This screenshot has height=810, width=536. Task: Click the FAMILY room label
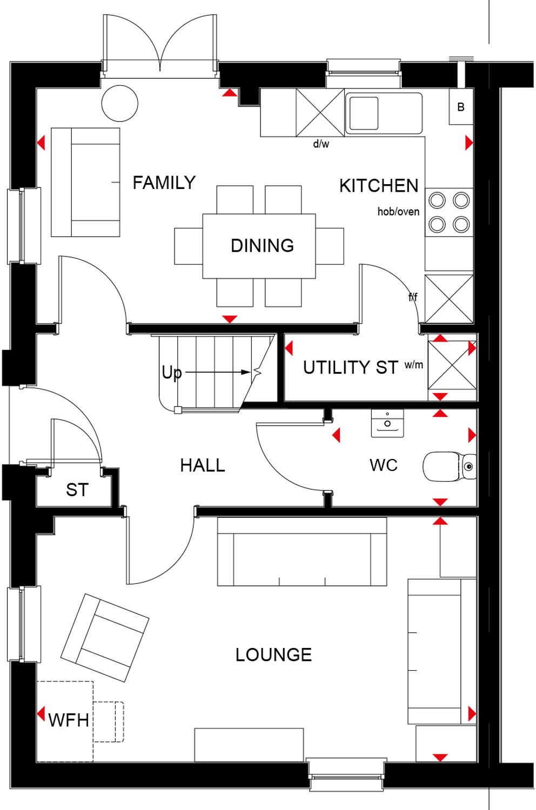pyautogui.click(x=164, y=183)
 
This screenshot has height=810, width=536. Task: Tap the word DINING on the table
pyautogui.click(x=262, y=246)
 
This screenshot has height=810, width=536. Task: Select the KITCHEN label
pyautogui.click(x=379, y=186)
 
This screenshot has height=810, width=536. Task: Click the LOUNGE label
pyautogui.click(x=273, y=655)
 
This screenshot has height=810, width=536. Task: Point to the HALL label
pyautogui.click(x=202, y=465)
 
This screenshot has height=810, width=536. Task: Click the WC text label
pyautogui.click(x=383, y=465)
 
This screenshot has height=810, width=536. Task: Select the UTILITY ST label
pyautogui.click(x=350, y=368)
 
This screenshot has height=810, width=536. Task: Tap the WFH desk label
pyautogui.click(x=68, y=720)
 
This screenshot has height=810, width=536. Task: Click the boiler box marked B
pyautogui.click(x=460, y=107)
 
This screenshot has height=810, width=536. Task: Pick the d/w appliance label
pyautogui.click(x=321, y=144)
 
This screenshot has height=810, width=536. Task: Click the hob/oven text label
pyautogui.click(x=398, y=212)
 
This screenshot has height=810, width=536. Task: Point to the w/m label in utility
pyautogui.click(x=414, y=365)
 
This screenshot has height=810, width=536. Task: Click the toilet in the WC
pyautogui.click(x=448, y=466)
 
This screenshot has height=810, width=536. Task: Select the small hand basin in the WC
pyautogui.click(x=387, y=423)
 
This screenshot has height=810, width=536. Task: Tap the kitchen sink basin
pyautogui.click(x=363, y=113)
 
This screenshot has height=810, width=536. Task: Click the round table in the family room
pyautogui.click(x=120, y=103)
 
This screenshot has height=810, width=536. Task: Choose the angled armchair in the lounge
pyautogui.click(x=105, y=637)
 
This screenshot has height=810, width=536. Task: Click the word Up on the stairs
pyautogui.click(x=172, y=373)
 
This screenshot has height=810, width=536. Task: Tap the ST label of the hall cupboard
pyautogui.click(x=77, y=490)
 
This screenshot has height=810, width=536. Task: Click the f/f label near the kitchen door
pyautogui.click(x=413, y=297)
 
